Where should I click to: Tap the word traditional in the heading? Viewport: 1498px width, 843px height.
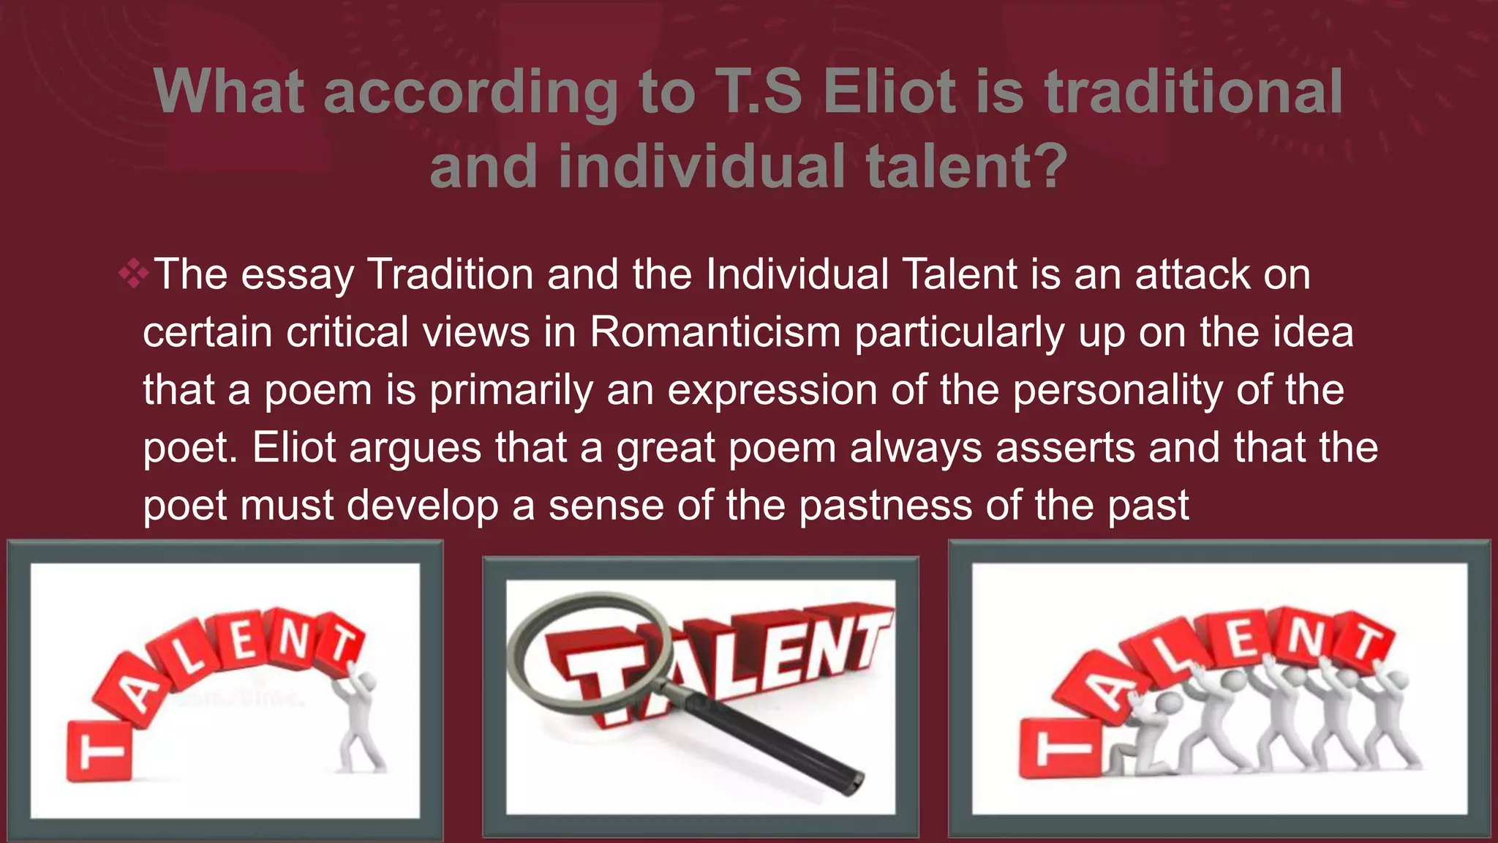(x=1193, y=92)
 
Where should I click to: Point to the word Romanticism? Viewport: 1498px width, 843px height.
(x=715, y=332)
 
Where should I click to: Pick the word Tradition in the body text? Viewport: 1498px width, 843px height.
(x=450, y=275)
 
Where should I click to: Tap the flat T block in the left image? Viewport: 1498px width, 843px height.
(x=99, y=750)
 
